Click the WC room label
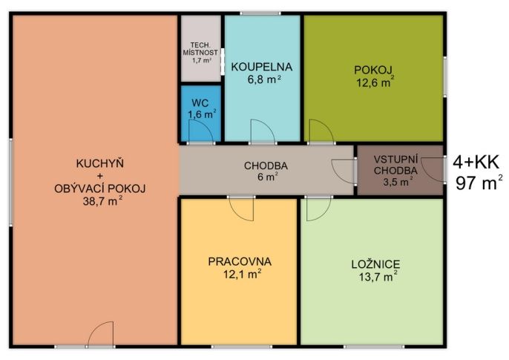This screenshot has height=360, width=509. [200, 103]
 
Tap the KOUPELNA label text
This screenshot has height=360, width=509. [262, 67]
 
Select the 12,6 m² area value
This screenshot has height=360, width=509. [375, 82]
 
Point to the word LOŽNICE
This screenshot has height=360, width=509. [375, 264]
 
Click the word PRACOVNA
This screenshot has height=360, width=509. [240, 261]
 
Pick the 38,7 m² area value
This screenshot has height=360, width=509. [102, 200]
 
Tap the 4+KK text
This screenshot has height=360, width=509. [476, 162]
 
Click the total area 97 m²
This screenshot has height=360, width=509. [479, 183]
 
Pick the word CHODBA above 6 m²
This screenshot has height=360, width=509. [266, 166]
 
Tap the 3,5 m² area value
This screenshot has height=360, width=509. [398, 181]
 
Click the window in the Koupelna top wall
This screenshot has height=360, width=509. [260, 13]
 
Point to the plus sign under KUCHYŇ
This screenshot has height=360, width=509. [99, 176]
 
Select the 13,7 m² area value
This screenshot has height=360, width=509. [378, 277]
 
